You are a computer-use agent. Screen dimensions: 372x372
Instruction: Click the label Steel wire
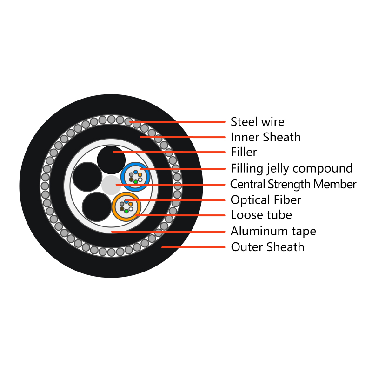click(258, 122)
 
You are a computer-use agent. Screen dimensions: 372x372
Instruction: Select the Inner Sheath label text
click(266, 137)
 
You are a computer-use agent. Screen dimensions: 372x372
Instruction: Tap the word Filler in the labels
click(244, 152)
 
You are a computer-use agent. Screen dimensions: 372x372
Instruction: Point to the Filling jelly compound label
click(292, 169)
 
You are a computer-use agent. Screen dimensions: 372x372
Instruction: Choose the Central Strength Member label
click(293, 184)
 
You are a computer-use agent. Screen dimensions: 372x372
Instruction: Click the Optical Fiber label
click(266, 200)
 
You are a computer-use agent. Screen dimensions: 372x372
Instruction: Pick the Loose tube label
click(261, 215)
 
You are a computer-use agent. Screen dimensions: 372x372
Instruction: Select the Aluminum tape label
click(273, 231)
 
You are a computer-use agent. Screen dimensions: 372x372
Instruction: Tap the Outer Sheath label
click(268, 247)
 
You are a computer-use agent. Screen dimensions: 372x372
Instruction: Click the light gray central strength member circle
click(111, 185)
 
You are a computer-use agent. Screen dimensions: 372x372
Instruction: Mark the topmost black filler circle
click(111, 160)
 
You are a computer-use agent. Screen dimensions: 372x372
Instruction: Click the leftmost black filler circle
click(87, 177)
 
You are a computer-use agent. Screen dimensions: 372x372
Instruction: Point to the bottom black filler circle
click(97, 206)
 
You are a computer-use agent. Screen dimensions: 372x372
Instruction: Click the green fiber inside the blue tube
click(136, 182)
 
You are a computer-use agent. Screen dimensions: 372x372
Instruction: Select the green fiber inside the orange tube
click(126, 211)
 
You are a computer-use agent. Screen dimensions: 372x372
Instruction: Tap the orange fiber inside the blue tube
click(140, 175)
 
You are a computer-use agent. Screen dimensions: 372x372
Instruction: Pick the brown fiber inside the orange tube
click(122, 209)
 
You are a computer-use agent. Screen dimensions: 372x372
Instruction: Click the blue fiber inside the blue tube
click(136, 172)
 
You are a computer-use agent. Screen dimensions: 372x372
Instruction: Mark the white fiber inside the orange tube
click(131, 209)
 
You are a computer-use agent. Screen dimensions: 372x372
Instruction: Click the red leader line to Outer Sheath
click(193, 247)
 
